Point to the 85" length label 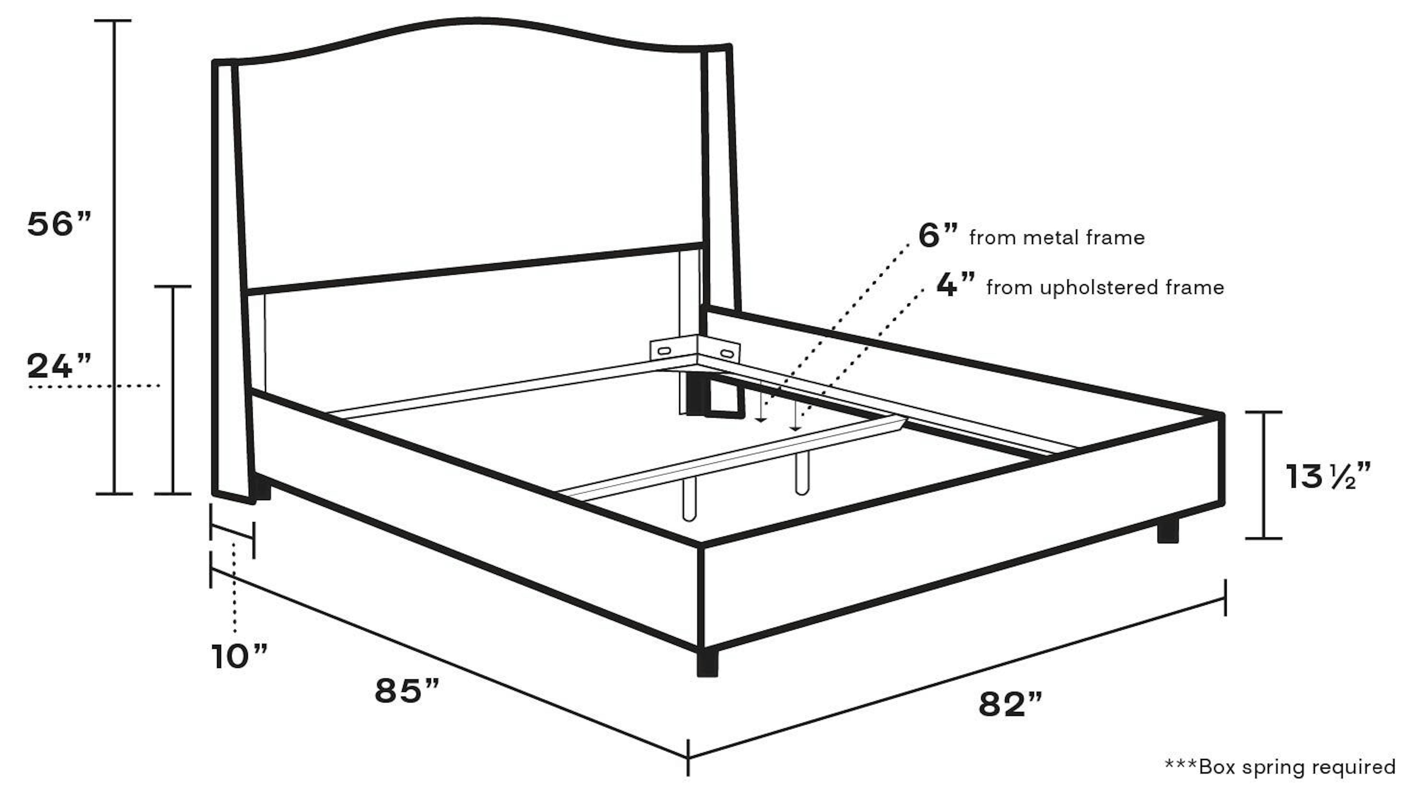click(407, 691)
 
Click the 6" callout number click(938, 236)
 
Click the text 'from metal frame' click(1057, 238)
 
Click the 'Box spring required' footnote click(1280, 766)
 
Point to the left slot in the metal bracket click(664, 350)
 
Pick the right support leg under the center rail click(802, 474)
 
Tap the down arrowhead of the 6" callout click(761, 420)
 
